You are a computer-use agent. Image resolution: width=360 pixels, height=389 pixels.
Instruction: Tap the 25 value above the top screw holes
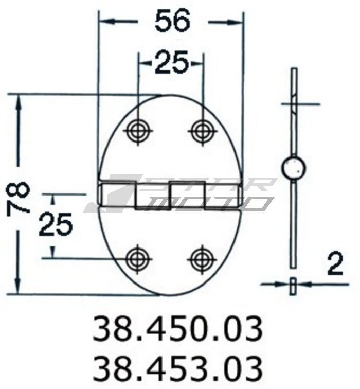pyautogui.click(x=172, y=64)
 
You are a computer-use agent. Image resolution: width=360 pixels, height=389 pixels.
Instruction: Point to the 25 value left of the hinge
pyautogui.click(x=56, y=225)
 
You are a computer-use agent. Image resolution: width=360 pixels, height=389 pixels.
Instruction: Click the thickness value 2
pyautogui.click(x=335, y=265)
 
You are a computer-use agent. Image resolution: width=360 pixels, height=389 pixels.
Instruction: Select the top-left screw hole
pyautogui.click(x=138, y=130)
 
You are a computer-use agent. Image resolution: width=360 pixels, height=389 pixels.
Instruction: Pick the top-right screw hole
pyautogui.click(x=202, y=130)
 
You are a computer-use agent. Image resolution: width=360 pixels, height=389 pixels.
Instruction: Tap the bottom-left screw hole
pyautogui.click(x=138, y=258)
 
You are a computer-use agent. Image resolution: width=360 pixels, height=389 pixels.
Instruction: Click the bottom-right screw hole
pyautogui.click(x=202, y=258)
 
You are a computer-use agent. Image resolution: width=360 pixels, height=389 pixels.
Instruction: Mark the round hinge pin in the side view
pyautogui.click(x=294, y=167)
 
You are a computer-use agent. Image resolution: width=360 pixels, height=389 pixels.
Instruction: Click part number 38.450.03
pyautogui.click(x=177, y=329)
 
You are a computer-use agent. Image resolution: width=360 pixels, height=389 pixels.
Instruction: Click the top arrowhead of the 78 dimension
pyautogui.click(x=20, y=101)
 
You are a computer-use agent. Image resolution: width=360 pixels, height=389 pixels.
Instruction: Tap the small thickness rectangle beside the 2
pyautogui.click(x=293, y=285)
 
